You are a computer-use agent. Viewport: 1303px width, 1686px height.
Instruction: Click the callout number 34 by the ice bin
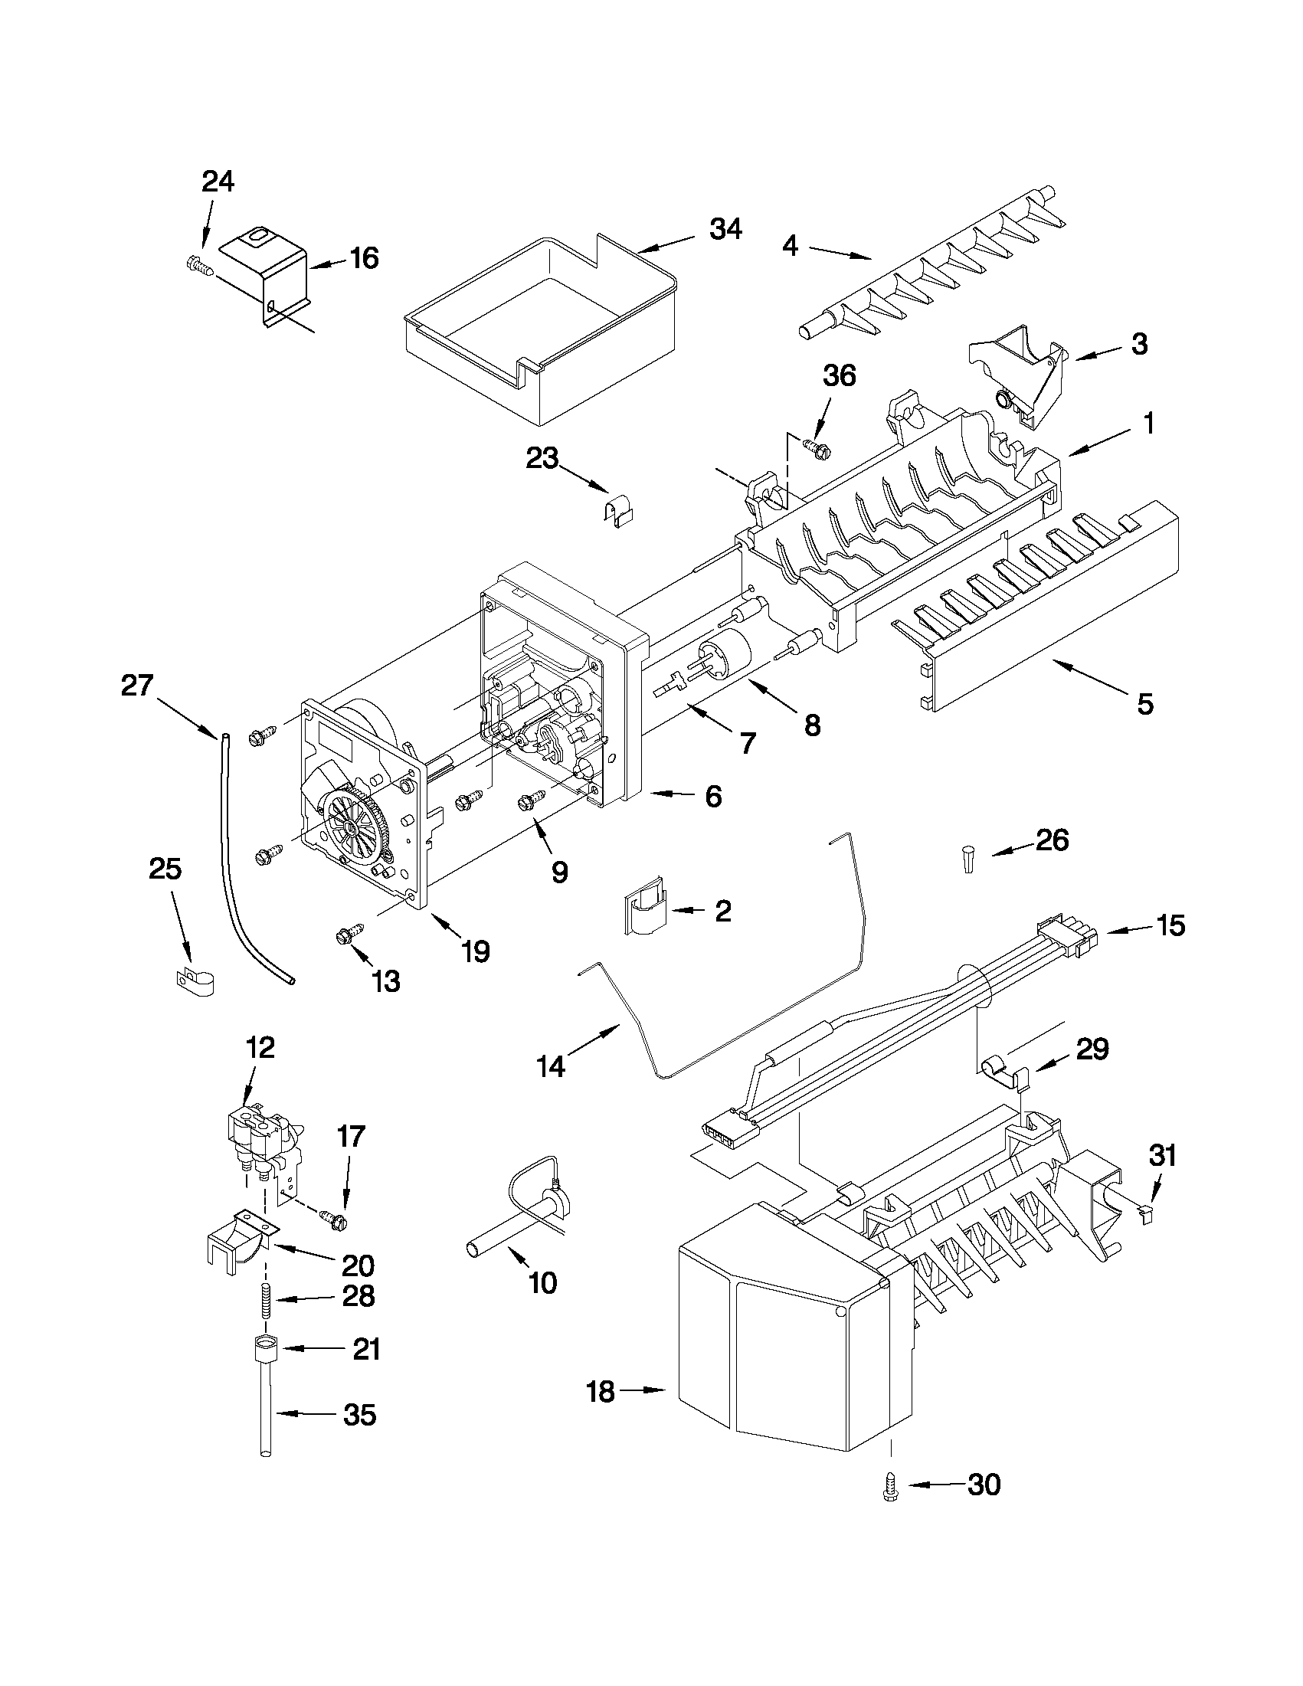(x=725, y=229)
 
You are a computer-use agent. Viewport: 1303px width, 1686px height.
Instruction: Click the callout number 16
(x=364, y=259)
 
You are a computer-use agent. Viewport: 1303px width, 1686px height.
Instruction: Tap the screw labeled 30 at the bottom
(x=890, y=1485)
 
